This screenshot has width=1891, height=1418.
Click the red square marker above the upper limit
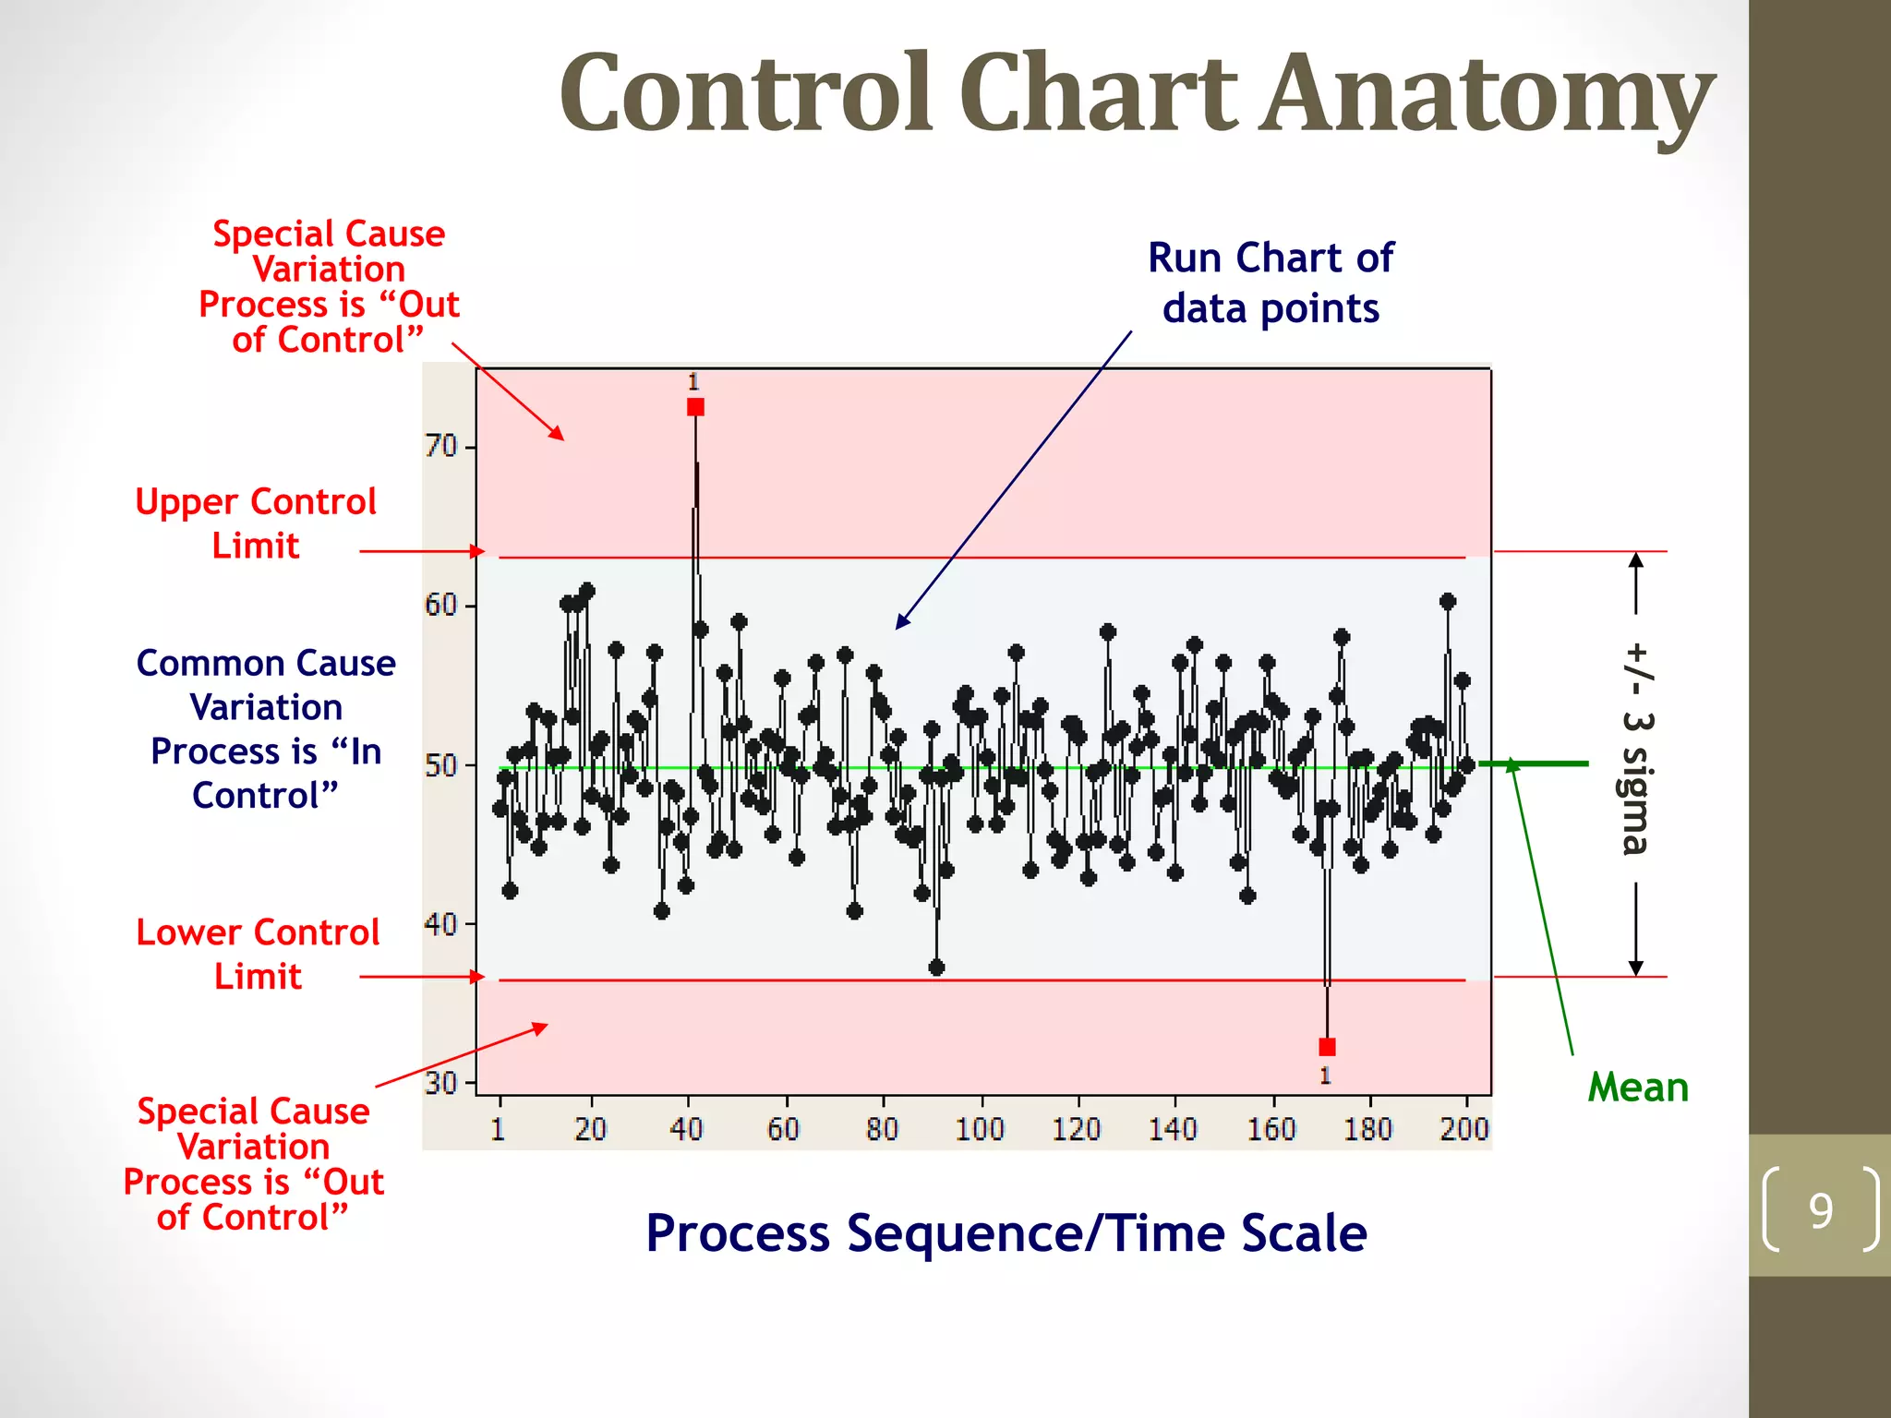(x=695, y=407)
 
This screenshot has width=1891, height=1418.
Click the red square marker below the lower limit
(x=1327, y=1047)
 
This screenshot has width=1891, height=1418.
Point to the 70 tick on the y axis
(x=441, y=447)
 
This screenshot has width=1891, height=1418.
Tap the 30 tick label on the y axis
(x=440, y=1083)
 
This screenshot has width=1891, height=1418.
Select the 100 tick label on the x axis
(x=980, y=1129)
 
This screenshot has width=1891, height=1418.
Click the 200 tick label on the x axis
(x=1464, y=1129)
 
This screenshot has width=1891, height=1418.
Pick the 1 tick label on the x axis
(x=498, y=1129)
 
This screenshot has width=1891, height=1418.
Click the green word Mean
(x=1638, y=1088)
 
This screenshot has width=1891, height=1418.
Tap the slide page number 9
(x=1820, y=1210)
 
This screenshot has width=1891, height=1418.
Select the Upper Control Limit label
(x=256, y=523)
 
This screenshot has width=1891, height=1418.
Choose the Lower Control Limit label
(x=258, y=954)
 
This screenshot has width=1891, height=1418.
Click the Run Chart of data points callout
(x=1271, y=282)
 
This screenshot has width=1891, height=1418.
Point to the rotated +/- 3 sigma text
(x=1636, y=749)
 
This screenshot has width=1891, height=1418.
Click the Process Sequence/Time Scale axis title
(x=1006, y=1233)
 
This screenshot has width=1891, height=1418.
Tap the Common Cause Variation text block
(x=266, y=729)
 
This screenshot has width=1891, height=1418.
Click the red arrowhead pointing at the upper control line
(x=477, y=551)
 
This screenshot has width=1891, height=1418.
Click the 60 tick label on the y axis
(x=440, y=606)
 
